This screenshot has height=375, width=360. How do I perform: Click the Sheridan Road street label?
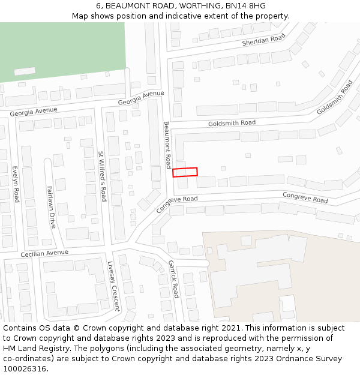pyautogui.click(x=263, y=40)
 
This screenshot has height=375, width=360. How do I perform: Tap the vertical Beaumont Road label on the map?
pyautogui.click(x=167, y=145)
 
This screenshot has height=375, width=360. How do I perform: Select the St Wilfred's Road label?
pyautogui.click(x=102, y=176)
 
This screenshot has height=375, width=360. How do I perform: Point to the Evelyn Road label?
pyautogui.click(x=16, y=184)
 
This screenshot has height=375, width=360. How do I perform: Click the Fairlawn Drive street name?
pyautogui.click(x=51, y=207)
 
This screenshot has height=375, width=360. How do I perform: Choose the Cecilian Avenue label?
pyautogui.click(x=45, y=254)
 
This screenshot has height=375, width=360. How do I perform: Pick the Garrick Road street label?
pyautogui.click(x=173, y=279)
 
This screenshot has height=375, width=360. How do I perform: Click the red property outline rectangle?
pyautogui.click(x=185, y=172)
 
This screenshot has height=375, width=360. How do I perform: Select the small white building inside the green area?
pyautogui.click(x=25, y=71)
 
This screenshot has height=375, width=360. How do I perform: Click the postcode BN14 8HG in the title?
pyautogui.click(x=241, y=6)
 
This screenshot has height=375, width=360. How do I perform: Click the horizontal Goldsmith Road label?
pyautogui.click(x=232, y=123)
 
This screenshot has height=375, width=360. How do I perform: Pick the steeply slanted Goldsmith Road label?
pyautogui.click(x=334, y=97)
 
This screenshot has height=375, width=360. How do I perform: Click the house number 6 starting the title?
pyautogui.click(x=98, y=6)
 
